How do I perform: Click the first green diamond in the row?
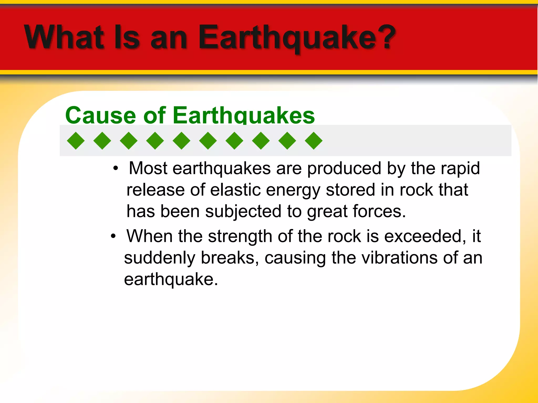click(76, 141)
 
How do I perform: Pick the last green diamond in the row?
click(314, 141)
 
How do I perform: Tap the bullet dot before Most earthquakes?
click(116, 168)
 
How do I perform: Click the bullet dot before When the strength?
click(113, 236)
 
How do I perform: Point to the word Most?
click(148, 168)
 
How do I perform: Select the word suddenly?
click(159, 258)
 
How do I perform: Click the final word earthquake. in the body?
click(171, 280)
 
